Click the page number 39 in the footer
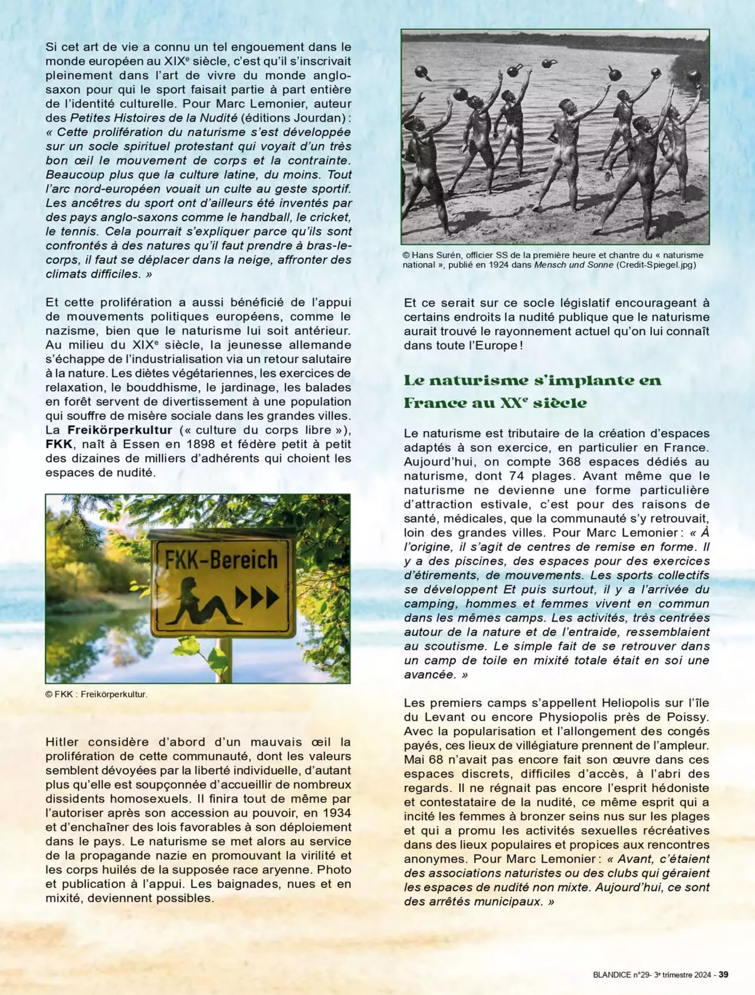click(723, 974)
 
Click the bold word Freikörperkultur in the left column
click(120, 430)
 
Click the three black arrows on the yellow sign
click(257, 598)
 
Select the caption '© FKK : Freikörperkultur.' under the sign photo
click(96, 694)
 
